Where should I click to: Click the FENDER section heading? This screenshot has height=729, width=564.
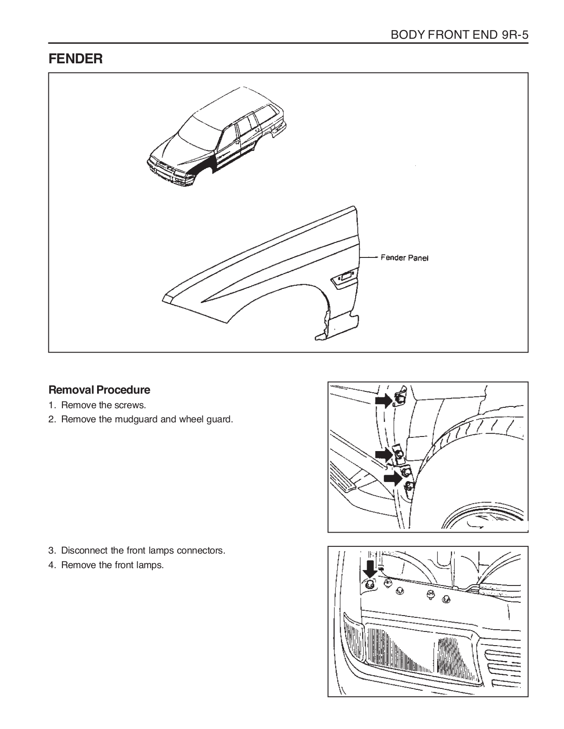tap(76, 59)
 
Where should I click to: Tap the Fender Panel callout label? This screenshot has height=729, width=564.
tap(404, 258)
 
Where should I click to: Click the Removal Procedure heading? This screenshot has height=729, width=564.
tap(99, 390)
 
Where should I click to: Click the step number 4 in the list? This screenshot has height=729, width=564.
tap(52, 565)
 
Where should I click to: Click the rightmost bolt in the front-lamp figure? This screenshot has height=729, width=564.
tap(446, 600)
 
